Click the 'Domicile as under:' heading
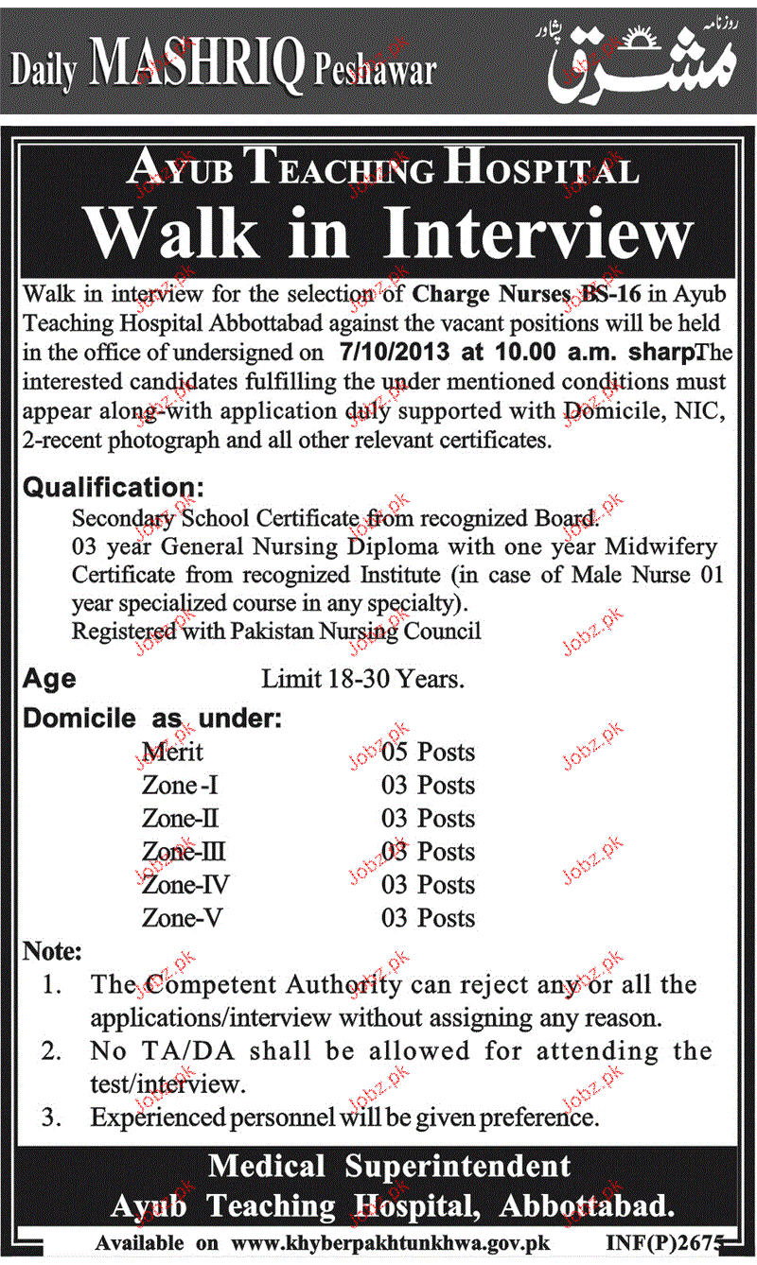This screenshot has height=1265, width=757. pos(151,718)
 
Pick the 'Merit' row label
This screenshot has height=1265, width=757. pos(172,753)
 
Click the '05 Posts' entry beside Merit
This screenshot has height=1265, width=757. pos(428,753)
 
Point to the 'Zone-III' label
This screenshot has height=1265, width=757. pos(184,852)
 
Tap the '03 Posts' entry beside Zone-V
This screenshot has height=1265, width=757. pos(428,918)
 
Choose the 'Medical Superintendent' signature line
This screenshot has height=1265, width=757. pos(389,1167)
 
